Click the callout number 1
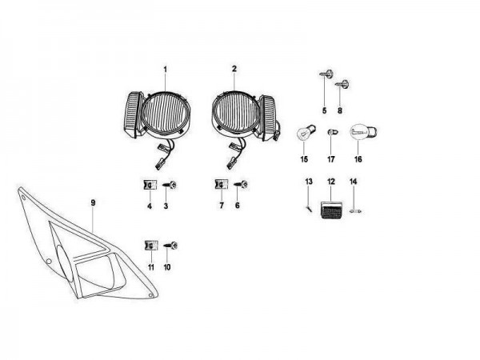[x=166, y=70]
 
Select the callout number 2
[x=234, y=69]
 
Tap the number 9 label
[x=93, y=202]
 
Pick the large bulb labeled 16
[x=363, y=133]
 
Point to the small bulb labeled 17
[x=333, y=133]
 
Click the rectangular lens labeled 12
[x=331, y=210]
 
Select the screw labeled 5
[x=326, y=74]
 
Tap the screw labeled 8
[x=342, y=84]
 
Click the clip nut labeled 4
[x=150, y=185]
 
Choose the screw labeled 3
[x=170, y=185]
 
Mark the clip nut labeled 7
[x=221, y=184]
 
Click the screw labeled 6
[x=241, y=184]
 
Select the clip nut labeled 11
[x=151, y=246]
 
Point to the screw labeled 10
[x=170, y=246]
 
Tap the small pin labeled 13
[x=309, y=209]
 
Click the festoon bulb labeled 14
[x=355, y=211]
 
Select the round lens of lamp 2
[x=234, y=111]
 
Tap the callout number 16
[x=358, y=159]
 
